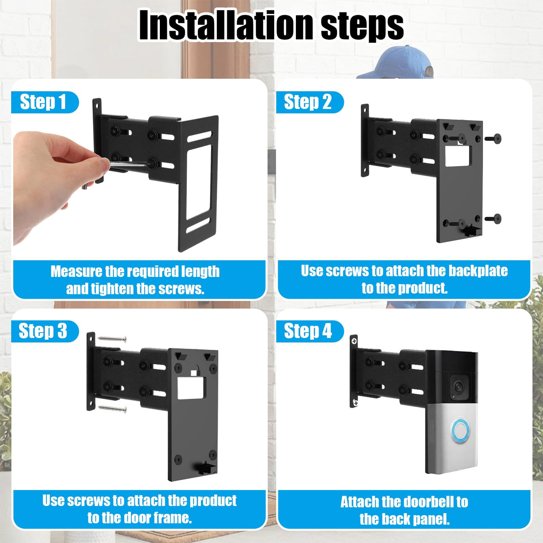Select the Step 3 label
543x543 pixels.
tap(43, 331)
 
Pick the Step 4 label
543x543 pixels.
tap(308, 331)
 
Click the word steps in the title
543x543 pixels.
tap(362, 28)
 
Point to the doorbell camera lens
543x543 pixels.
tap(459, 387)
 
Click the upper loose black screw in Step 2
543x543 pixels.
tap(493, 138)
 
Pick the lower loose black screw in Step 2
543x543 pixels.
tap(493, 218)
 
